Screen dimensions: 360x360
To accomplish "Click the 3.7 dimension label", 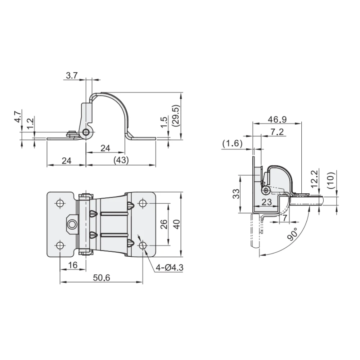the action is coord(72,75).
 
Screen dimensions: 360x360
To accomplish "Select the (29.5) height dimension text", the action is coord(176,116).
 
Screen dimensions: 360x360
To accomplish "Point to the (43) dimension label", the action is coord(121,160).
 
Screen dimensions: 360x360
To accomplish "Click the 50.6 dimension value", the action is coord(102,278).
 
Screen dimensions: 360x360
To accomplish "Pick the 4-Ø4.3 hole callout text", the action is coord(170,267).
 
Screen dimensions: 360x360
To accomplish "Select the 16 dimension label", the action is coord(73,265).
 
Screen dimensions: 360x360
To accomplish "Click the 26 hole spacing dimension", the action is coord(164,224).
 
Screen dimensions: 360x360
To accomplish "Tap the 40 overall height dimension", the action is coord(176,224).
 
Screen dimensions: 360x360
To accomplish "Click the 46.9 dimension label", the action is coord(277,120).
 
